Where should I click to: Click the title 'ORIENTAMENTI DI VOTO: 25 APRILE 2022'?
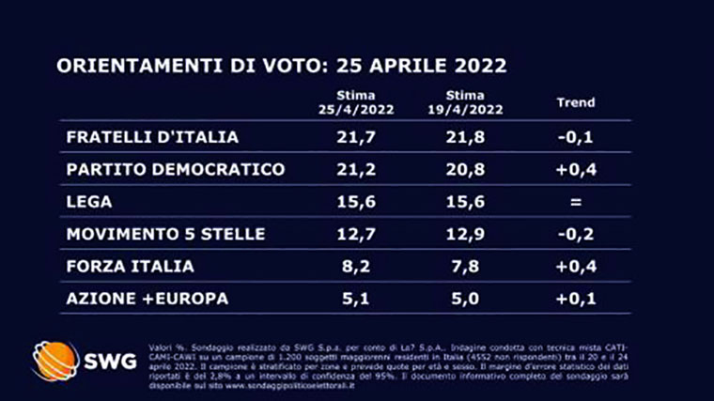pyautogui.click(x=282, y=67)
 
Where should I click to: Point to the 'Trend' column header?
pyautogui.click(x=576, y=102)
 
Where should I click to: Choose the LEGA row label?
pyautogui.click(x=89, y=202)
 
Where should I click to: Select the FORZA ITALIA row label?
pyautogui.click(x=131, y=266)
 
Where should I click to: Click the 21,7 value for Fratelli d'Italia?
pyautogui.click(x=367, y=137)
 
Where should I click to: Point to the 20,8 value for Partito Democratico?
pyautogui.click(x=470, y=169)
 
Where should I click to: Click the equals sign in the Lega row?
pyautogui.click(x=576, y=202)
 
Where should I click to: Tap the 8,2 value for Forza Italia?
pyautogui.click(x=367, y=266)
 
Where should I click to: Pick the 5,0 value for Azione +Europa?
pyautogui.click(x=470, y=298)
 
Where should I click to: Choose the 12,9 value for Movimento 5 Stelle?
pyautogui.click(x=470, y=234)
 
